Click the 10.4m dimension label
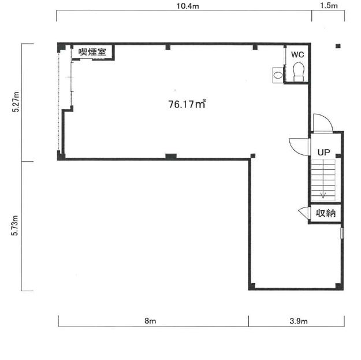tap(188, 6)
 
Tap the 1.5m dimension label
tap(329, 6)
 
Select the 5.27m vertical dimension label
tap(16, 102)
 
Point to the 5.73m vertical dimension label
tap(15, 225)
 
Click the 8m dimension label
tap(150, 321)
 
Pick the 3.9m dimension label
tap(299, 321)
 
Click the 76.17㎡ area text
tap(187, 104)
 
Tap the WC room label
tap(297, 54)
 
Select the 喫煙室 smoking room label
tap(92, 51)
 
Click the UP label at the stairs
tap(323, 152)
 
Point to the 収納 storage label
tap(326, 213)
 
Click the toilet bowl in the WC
tap(299, 72)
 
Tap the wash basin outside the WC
tap(278, 75)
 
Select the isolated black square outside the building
tap(338, 46)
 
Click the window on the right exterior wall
tap(342, 233)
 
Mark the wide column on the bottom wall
tap(171, 156)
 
